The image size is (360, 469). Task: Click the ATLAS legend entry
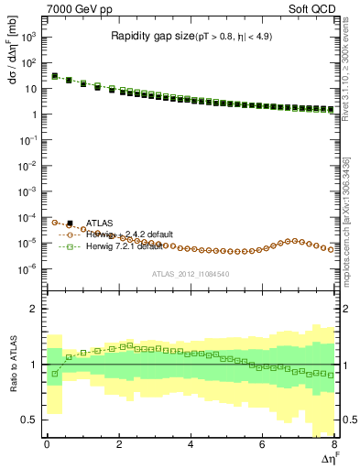pyautogui.click(x=99, y=223)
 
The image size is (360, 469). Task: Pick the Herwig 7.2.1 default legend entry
pyautogui.click(x=128, y=246)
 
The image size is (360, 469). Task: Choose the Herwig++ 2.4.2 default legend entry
pyautogui.click(x=128, y=234)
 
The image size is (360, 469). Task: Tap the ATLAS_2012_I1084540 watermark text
pyautogui.click(x=190, y=274)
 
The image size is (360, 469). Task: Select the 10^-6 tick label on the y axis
pyautogui.click(x=29, y=268)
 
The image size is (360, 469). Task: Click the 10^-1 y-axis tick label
pyautogui.click(x=29, y=141)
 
